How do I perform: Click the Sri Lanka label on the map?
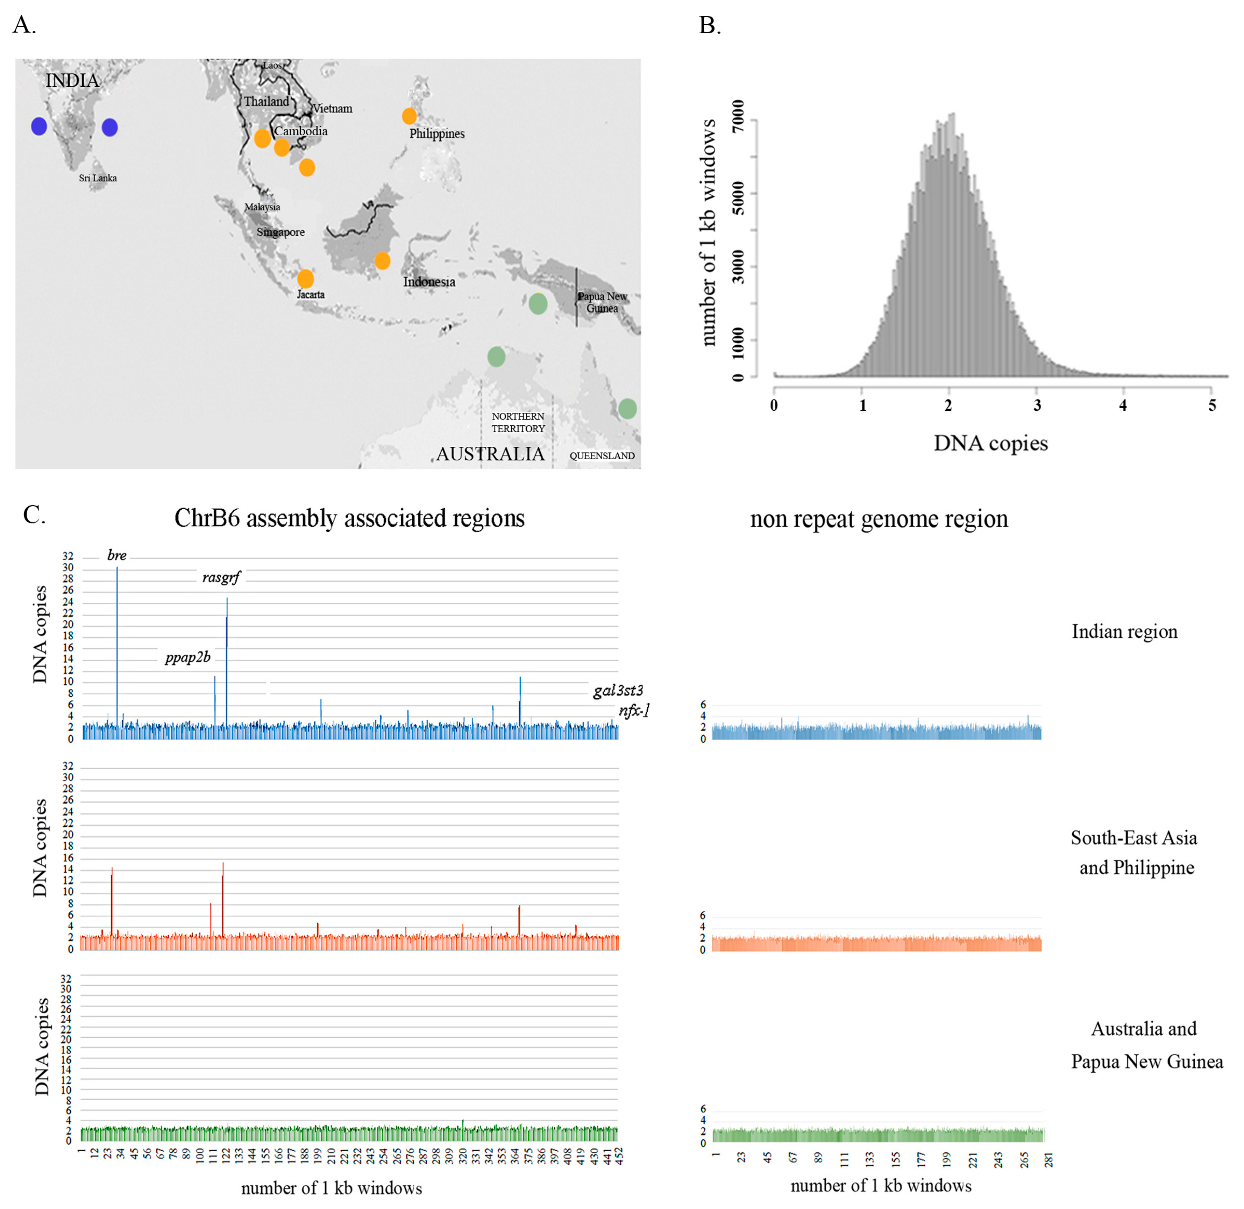(x=98, y=178)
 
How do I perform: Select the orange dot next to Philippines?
(x=409, y=116)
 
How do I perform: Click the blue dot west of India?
(x=39, y=127)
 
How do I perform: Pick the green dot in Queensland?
(x=627, y=408)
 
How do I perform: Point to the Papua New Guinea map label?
(x=602, y=302)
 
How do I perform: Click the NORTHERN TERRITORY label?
(x=518, y=422)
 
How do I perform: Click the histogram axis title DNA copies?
(x=990, y=443)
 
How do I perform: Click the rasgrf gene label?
(x=221, y=577)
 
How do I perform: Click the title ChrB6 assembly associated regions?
(x=349, y=518)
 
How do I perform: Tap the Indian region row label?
(x=1124, y=632)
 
